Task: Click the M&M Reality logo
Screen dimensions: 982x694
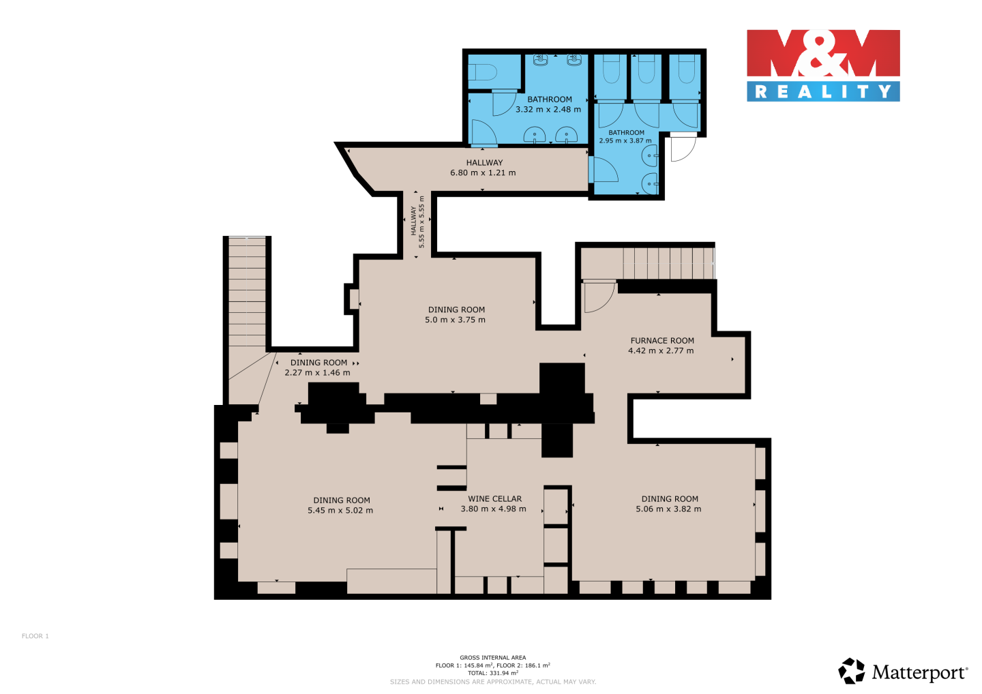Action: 823,65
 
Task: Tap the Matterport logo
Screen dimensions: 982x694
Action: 904,671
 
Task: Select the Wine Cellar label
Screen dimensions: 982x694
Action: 494,498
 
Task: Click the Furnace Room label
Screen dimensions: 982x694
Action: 662,340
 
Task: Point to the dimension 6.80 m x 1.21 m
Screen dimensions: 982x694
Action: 483,172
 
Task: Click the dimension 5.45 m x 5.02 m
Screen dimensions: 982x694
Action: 340,510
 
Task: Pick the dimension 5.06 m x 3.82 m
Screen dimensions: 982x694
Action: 668,509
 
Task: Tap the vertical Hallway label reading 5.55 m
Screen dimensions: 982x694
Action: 417,222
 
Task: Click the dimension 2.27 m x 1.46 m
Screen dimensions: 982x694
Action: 317,372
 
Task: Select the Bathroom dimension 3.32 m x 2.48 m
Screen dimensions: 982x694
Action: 548,109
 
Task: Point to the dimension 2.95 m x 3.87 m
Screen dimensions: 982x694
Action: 625,140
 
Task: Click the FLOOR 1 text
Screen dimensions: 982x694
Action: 35,636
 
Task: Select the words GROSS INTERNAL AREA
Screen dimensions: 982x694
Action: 493,657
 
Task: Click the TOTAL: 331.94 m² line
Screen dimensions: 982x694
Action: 493,673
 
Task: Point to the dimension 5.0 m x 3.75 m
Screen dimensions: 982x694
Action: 455,320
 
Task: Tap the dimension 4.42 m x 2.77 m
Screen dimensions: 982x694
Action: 661,350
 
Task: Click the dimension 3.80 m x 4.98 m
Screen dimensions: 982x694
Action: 493,509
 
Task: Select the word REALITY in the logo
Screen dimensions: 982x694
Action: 823,91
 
